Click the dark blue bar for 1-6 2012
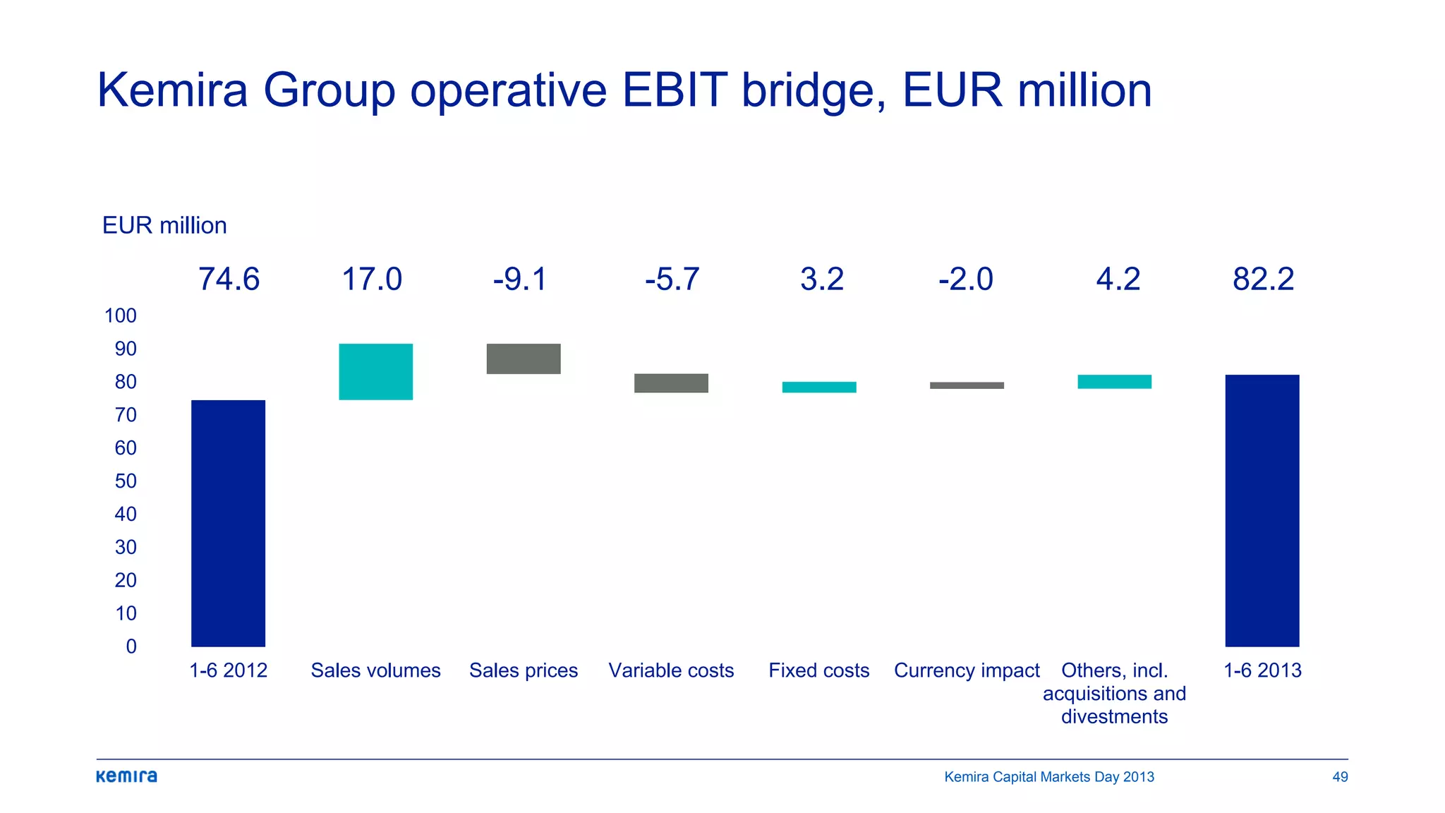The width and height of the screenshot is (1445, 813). click(228, 523)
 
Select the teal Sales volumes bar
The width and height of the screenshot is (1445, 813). click(375, 372)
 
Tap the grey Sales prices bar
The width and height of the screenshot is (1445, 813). click(524, 359)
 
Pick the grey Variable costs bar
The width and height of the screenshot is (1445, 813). click(671, 383)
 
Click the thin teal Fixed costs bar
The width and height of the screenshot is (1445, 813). click(819, 387)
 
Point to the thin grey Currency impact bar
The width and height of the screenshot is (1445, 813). click(967, 385)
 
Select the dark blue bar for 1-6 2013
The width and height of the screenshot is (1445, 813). click(1262, 510)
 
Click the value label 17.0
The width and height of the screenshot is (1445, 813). click(372, 279)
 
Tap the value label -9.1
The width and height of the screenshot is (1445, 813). click(520, 279)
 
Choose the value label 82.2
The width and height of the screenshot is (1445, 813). click(1263, 279)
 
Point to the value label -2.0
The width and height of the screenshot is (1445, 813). click(965, 279)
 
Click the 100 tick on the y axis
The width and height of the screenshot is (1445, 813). click(121, 315)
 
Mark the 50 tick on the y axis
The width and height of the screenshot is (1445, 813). click(126, 481)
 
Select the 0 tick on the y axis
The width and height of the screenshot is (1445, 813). click(131, 646)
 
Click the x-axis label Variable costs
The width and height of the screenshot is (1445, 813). click(671, 670)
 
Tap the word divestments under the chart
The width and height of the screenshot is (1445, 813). click(1114, 717)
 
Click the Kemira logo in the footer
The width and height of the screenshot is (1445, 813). click(127, 776)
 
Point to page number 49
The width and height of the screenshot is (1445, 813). click(1340, 777)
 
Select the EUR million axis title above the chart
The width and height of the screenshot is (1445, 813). click(164, 226)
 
